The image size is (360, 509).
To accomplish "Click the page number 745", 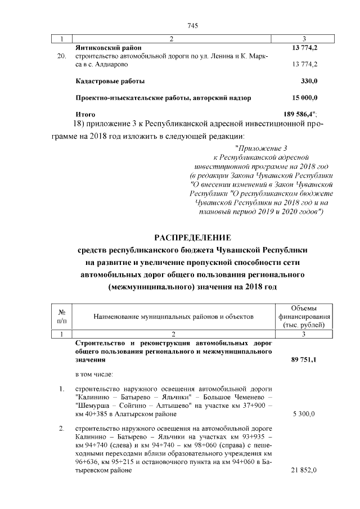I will coord(190,25).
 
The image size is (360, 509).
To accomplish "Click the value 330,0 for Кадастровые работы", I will coord(309,81).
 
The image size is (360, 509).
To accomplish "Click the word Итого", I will coord(85,114).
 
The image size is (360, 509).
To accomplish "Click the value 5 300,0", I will coord(304,414).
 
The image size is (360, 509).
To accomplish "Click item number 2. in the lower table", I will coord(61,429).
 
